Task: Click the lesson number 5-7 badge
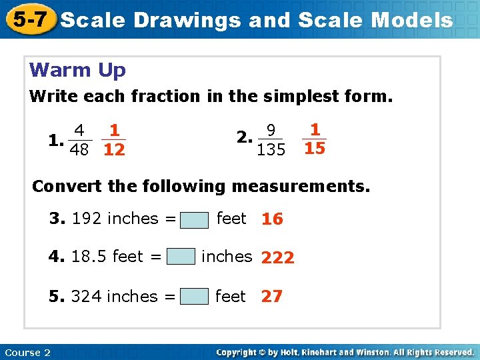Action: [27, 20]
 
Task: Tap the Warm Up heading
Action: [77, 69]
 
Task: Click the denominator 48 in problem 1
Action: [80, 149]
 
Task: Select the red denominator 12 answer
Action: [115, 150]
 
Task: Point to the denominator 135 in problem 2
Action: [271, 149]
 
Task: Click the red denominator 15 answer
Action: [315, 148]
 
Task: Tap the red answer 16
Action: [272, 219]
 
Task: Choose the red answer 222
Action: [278, 258]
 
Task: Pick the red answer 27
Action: [271, 297]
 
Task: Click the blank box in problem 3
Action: [194, 219]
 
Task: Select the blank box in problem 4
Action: [181, 257]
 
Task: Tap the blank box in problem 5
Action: [194, 297]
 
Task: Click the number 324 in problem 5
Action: [86, 296]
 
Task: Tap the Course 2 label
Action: [27, 352]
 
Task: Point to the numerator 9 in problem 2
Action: [270, 129]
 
